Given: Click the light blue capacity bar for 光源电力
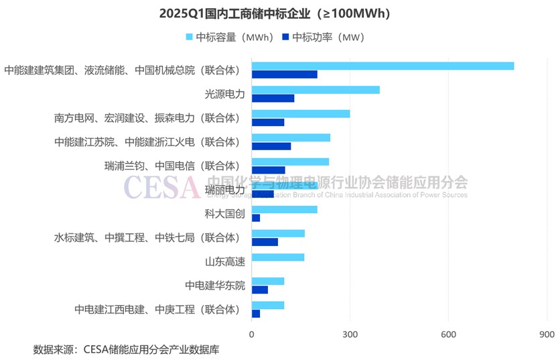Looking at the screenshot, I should [316, 90].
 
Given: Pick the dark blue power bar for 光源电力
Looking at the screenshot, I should [273, 99].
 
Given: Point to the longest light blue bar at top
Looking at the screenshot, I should [383, 66].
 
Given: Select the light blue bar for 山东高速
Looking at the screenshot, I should [278, 257].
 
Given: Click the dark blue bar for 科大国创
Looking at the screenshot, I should [256, 218].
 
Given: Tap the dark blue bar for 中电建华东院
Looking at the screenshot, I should [260, 290].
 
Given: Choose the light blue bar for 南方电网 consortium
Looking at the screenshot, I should [301, 114].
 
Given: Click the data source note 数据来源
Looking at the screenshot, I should [126, 349].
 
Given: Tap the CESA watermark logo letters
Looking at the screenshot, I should [161, 188].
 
